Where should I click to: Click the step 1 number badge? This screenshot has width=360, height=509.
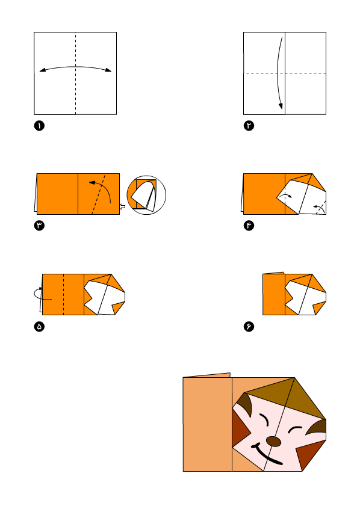[39, 126]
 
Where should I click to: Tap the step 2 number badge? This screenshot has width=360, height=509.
[249, 126]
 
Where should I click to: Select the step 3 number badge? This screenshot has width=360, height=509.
[39, 226]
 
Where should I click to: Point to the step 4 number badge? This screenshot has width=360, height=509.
[249, 226]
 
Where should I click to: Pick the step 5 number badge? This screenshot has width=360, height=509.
[39, 327]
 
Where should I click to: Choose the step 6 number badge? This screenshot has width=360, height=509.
[249, 327]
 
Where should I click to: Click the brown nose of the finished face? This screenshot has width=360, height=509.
[273, 442]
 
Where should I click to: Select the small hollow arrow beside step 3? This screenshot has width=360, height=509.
[122, 206]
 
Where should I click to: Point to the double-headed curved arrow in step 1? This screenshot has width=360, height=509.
[75, 67]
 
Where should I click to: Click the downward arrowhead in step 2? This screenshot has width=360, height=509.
[281, 106]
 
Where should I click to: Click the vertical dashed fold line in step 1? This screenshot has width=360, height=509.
[76, 73]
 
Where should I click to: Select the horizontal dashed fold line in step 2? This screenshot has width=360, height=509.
[285, 73]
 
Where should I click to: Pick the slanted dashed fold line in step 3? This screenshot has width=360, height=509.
[99, 194]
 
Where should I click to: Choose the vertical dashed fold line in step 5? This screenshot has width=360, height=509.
[63, 294]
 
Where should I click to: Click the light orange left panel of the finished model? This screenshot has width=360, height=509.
[207, 424]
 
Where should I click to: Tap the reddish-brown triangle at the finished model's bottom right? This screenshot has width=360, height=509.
[309, 454]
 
